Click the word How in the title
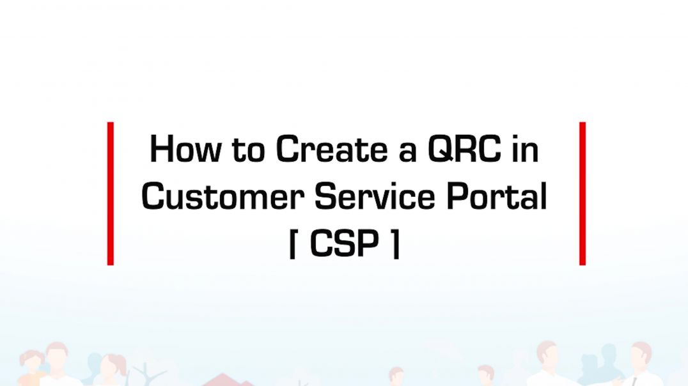[x=185, y=149]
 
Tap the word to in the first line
[x=248, y=150]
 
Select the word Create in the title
[x=332, y=149]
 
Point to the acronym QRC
[x=464, y=149]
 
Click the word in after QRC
[x=525, y=149]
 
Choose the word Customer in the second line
[x=223, y=196]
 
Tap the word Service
[x=375, y=196]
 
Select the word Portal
[x=497, y=196]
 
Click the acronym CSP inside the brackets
[x=345, y=243]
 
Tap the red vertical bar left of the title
[x=111, y=194]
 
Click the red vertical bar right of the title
[x=582, y=194]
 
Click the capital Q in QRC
[x=440, y=150]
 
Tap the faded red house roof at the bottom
[x=224, y=380]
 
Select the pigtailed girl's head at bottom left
[x=31, y=362]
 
